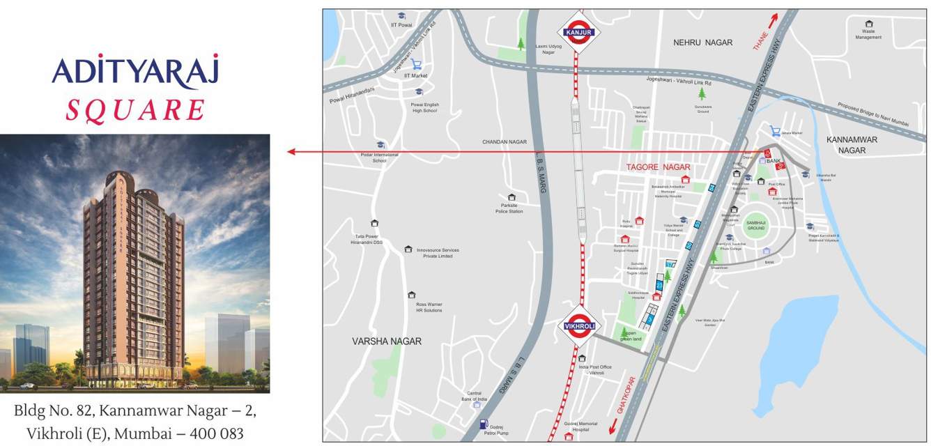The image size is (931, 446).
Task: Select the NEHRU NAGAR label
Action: [702, 43]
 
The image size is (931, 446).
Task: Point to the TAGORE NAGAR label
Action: [658, 167]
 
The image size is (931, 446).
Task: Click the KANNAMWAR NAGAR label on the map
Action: [852, 144]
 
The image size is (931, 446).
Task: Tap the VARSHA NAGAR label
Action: [387, 341]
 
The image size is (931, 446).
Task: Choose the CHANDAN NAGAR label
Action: [505, 142]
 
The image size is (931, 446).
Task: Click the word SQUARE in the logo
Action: [135, 110]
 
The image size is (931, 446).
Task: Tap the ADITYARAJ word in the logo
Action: [135, 71]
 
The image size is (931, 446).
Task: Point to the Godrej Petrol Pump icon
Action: [483, 423]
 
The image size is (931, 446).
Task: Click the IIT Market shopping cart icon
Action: [416, 65]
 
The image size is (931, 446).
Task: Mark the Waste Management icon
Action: [869, 24]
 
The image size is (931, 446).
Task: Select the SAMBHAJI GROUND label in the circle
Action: [756, 226]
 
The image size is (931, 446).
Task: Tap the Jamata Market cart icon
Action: [775, 131]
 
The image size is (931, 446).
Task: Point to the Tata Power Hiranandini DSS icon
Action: [375, 224]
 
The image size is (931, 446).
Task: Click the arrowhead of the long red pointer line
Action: [291, 152]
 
